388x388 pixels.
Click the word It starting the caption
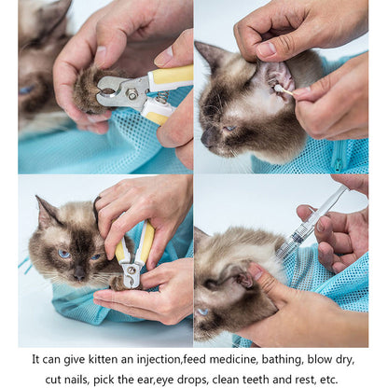[x=36, y=358]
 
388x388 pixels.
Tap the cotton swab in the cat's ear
[x=283, y=90]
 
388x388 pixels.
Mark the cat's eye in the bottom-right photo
[x=203, y=311]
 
